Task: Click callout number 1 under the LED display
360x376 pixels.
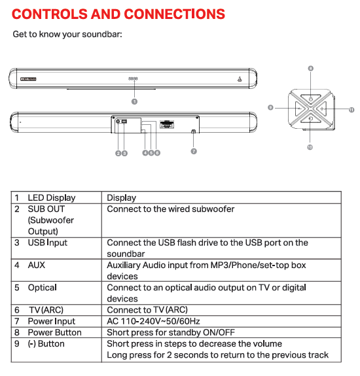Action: pos(134,101)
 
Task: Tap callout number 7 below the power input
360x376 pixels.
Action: pos(194,151)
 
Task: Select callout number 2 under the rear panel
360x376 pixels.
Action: pos(118,153)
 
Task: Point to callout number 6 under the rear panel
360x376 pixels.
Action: pos(157,153)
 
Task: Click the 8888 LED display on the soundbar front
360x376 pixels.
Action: pos(134,78)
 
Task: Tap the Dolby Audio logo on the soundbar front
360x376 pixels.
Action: pos(28,79)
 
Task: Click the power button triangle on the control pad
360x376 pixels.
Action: pos(311,99)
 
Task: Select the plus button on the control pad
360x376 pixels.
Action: pos(322,109)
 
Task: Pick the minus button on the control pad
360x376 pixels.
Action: pos(300,109)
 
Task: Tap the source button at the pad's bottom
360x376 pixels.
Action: pos(310,119)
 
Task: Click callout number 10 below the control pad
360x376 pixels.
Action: pos(310,147)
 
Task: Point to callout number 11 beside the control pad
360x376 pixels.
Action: pos(351,110)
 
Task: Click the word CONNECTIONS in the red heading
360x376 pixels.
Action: pos(175,14)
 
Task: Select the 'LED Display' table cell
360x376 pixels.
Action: pos(52,198)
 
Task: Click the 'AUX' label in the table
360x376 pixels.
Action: pos(37,265)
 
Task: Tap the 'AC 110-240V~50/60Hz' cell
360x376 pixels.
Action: pos(153,321)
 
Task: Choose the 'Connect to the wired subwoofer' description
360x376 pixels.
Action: pos(171,209)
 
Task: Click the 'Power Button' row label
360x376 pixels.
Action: pos(55,332)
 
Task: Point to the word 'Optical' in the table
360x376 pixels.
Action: pos(43,288)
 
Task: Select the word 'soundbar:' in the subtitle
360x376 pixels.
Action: pos(102,34)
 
